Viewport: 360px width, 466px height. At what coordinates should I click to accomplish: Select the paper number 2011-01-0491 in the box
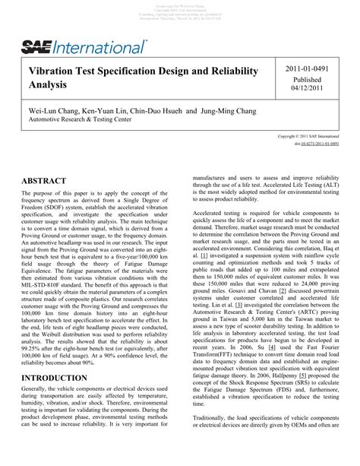311,69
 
